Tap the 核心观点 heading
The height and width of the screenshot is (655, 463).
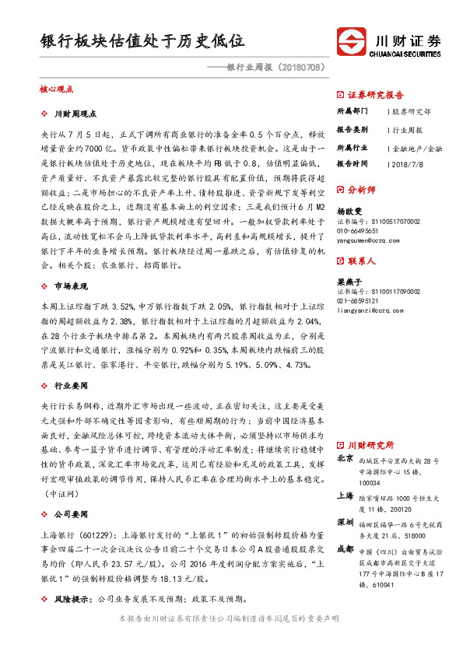tap(55, 89)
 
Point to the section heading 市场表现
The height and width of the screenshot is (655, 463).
tap(72, 286)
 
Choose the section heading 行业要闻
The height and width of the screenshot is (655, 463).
tap(72, 385)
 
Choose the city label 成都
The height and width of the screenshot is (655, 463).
tap(345, 548)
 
